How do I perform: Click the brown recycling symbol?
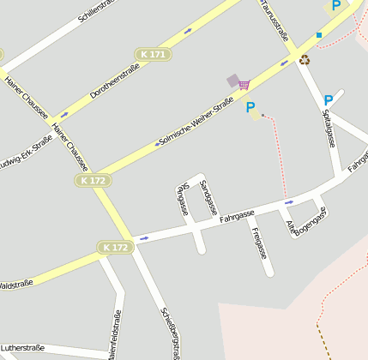305,59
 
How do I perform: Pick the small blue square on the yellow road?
319,35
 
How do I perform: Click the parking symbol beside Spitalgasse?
329,100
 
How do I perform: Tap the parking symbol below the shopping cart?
250,108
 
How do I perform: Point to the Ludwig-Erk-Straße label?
26,152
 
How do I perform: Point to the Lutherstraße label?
22,348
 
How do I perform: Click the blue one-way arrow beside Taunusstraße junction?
285,63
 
